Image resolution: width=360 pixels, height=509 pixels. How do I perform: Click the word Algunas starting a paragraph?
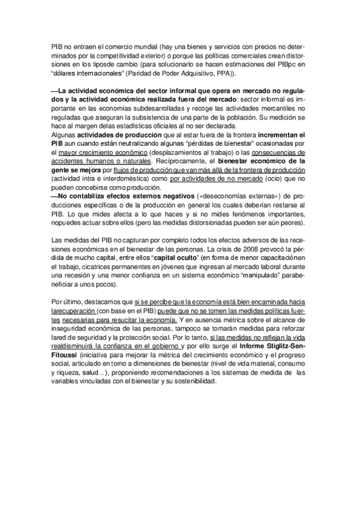pos(62,136)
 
